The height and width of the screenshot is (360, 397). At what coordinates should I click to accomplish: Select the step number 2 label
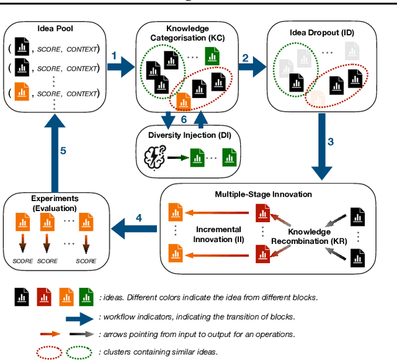(246, 58)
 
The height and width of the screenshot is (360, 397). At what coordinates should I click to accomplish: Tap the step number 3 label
(331, 142)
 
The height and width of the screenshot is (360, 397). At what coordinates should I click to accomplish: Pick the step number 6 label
(184, 119)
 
